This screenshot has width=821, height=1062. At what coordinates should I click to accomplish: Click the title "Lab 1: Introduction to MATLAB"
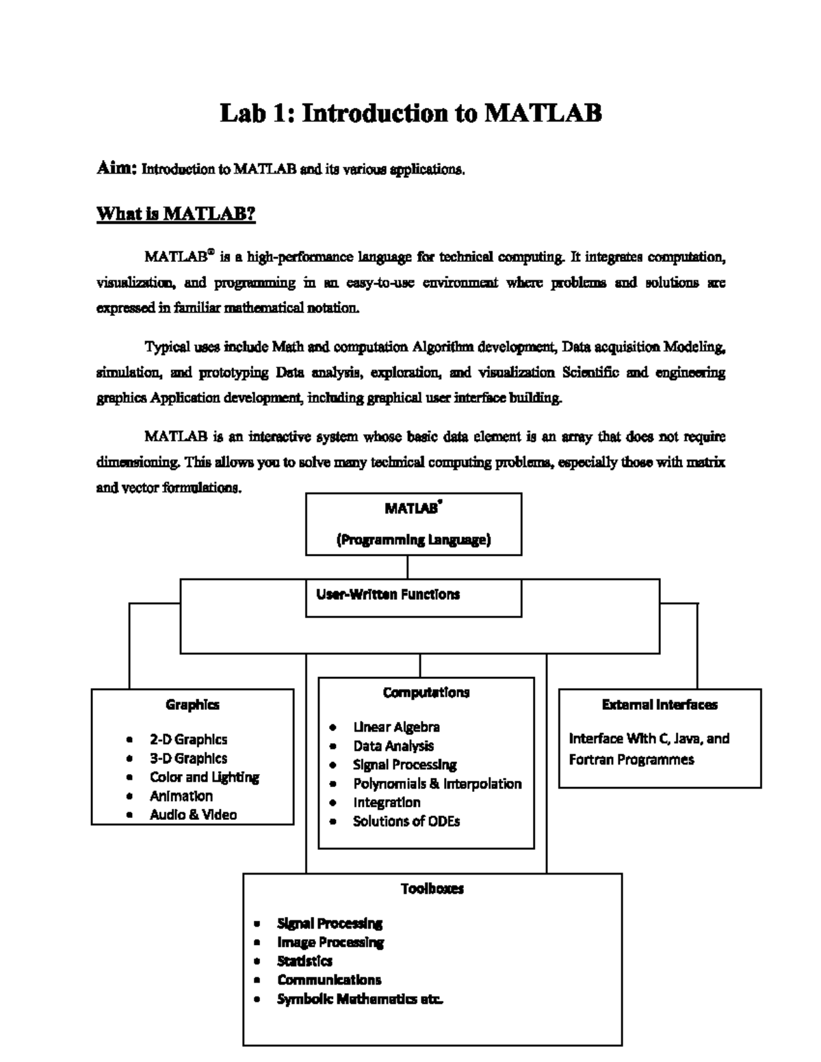click(410, 113)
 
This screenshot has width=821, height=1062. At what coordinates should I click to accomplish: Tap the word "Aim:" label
click(118, 168)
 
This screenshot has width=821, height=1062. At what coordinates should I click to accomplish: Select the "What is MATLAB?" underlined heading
click(176, 214)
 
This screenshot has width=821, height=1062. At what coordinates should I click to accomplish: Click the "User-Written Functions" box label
click(387, 594)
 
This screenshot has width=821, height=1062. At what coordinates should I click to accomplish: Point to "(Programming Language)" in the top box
click(413, 540)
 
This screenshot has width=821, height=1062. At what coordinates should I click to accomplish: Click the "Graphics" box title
click(192, 704)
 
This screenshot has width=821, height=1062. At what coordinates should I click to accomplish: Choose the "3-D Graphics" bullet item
click(188, 758)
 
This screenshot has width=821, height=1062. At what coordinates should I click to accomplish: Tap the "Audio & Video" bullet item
click(193, 814)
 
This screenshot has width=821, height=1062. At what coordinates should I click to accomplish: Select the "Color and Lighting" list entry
click(205, 777)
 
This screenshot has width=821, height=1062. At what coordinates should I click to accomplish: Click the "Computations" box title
click(426, 692)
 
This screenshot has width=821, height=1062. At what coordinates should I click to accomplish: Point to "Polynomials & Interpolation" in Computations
click(437, 784)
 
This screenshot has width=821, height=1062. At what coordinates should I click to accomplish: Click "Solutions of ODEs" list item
click(406, 821)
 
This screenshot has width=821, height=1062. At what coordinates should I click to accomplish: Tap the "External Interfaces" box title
click(660, 704)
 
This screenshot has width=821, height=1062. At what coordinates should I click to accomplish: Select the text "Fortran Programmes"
click(631, 760)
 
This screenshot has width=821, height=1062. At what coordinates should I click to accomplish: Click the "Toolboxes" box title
click(432, 888)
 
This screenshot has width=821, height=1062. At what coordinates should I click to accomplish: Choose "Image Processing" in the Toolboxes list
click(330, 942)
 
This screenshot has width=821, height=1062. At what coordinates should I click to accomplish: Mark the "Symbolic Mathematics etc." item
click(360, 999)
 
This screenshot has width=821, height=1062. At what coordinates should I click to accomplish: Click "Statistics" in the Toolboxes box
click(304, 961)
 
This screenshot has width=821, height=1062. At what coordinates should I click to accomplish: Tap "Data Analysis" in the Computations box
click(393, 746)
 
